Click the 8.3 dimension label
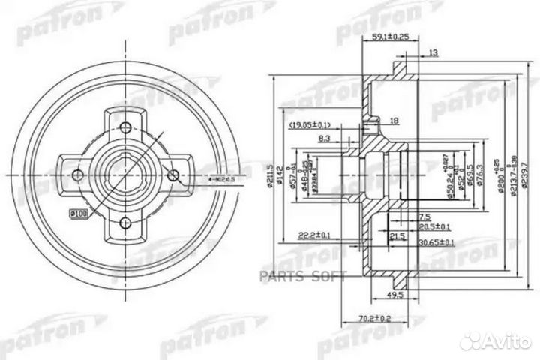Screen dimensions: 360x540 325,139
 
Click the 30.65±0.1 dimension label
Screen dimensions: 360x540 436,242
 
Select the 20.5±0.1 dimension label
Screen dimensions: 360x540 435,227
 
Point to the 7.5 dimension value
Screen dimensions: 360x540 415,217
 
